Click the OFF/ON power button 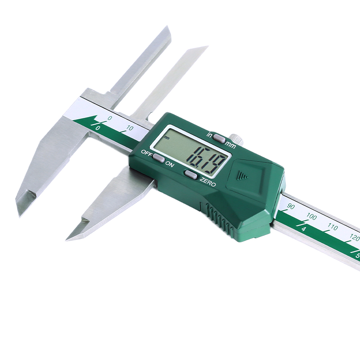[159, 158]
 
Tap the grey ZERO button [191, 175]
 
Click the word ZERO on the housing [207, 182]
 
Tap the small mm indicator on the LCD [166, 138]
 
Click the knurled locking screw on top [237, 139]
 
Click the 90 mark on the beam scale [291, 207]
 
